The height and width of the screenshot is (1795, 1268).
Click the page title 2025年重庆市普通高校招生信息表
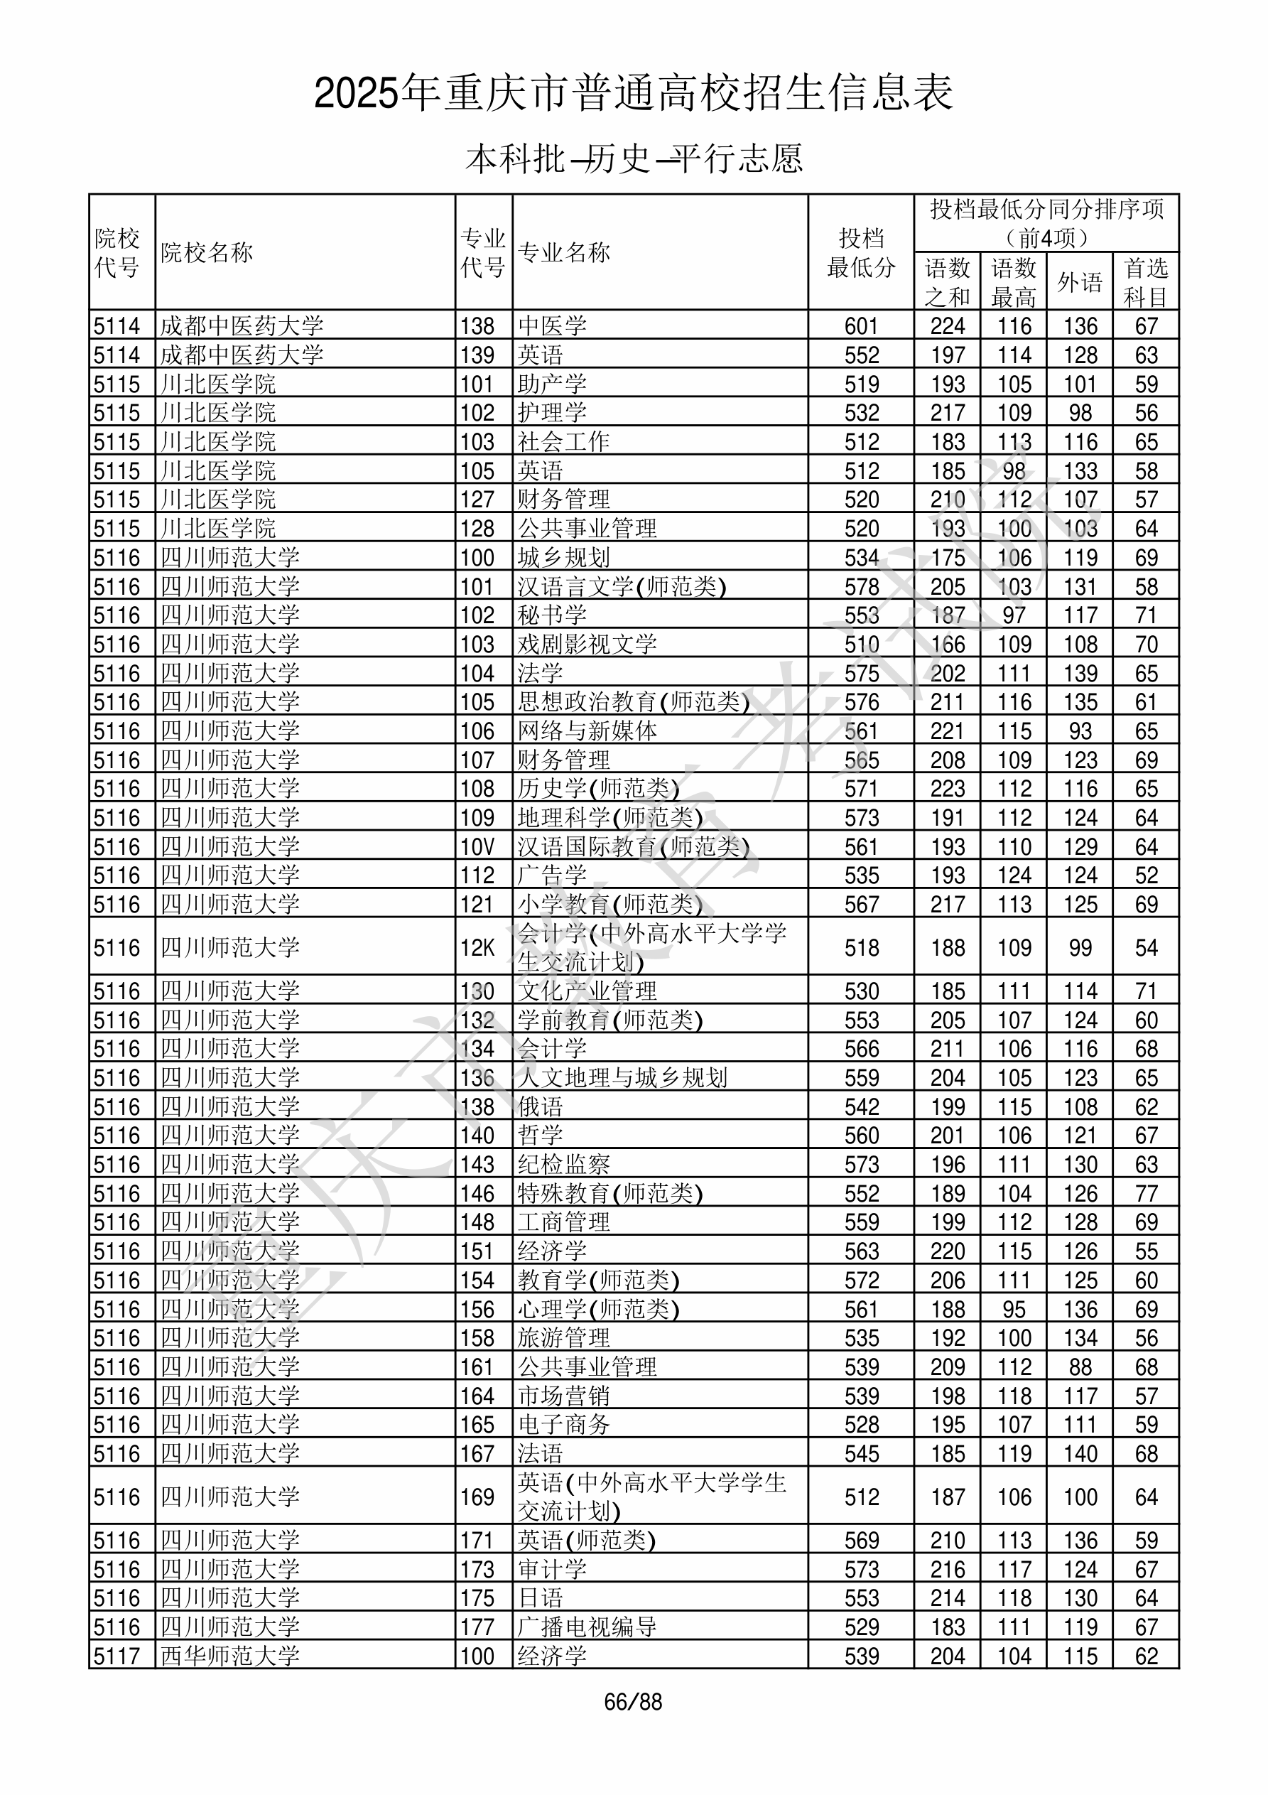click(x=633, y=94)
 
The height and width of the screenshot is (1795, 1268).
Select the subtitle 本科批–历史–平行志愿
click(x=633, y=158)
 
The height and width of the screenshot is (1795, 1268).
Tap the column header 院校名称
click(x=207, y=252)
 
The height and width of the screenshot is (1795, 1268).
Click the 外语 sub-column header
click(x=1080, y=282)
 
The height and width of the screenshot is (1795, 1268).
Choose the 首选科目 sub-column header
click(x=1145, y=282)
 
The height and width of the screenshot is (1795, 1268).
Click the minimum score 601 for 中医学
click(x=861, y=326)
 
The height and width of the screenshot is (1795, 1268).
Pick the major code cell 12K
click(x=477, y=947)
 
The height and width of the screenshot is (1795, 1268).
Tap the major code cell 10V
click(x=477, y=846)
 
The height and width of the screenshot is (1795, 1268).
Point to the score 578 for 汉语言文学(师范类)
click(x=861, y=586)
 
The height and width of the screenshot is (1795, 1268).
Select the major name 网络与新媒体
click(x=587, y=731)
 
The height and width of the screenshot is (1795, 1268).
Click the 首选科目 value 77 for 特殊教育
click(x=1145, y=1194)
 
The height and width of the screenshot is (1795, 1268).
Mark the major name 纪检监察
click(x=563, y=1165)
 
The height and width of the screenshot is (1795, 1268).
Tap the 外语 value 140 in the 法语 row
click(x=1080, y=1454)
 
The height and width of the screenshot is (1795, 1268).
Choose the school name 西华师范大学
click(x=230, y=1656)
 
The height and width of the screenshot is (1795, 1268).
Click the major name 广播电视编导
click(x=587, y=1627)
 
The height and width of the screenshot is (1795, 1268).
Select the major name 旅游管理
click(x=563, y=1338)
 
